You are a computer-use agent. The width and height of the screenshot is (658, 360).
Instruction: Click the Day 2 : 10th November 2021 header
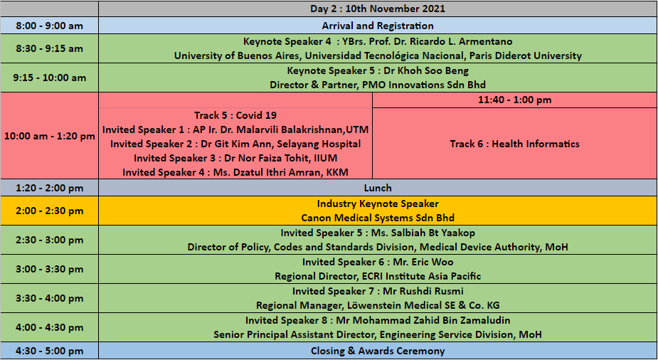(378, 9)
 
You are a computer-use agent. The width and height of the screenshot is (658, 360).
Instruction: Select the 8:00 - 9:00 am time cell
(50, 26)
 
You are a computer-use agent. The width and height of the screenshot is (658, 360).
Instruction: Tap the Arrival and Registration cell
(378, 26)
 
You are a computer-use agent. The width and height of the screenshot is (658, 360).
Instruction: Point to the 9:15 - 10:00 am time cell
(50, 78)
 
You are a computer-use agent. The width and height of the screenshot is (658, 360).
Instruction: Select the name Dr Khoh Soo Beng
(426, 70)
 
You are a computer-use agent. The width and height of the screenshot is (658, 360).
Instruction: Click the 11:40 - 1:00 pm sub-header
(514, 100)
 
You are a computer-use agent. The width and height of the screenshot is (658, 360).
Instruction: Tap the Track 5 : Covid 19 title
(235, 115)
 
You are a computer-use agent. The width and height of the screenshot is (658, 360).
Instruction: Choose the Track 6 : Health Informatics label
(514, 144)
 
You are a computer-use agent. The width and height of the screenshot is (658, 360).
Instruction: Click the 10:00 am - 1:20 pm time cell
(50, 136)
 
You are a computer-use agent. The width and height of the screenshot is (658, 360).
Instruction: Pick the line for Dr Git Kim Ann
(235, 144)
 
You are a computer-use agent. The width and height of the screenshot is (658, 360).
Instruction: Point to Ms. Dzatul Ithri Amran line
(235, 172)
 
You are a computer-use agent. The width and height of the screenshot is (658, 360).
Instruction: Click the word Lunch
(378, 188)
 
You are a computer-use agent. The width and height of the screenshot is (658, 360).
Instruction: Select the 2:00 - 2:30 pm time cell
(50, 211)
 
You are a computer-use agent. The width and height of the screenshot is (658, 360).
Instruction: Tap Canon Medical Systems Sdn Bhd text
(378, 218)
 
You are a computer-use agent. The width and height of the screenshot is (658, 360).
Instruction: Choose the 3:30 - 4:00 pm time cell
(50, 298)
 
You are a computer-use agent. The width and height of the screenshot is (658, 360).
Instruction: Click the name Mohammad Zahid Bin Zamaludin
(431, 320)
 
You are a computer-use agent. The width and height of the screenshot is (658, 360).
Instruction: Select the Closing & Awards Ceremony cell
(378, 351)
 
